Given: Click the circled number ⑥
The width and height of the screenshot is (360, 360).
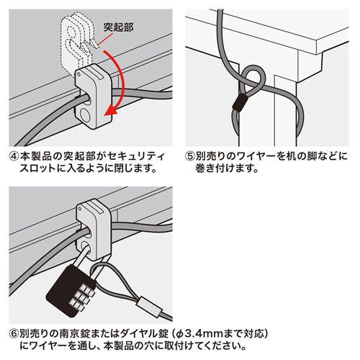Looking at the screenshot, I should (x=14, y=334).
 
